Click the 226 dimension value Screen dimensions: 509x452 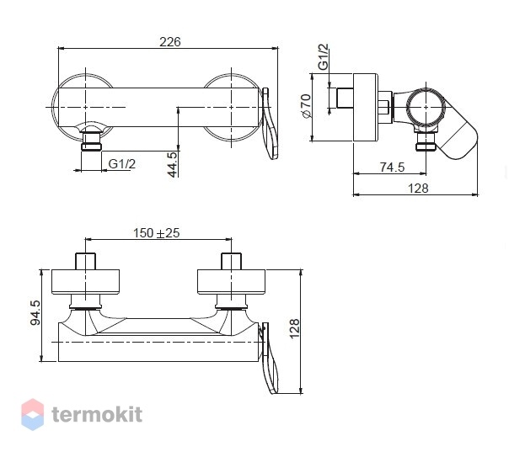click(169, 42)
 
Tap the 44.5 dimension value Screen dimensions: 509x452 click(173, 165)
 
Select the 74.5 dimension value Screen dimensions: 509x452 click(392, 168)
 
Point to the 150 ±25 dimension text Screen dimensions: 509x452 click(156, 233)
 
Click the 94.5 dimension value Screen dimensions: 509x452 click(35, 312)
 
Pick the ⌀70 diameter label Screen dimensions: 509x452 click(306, 106)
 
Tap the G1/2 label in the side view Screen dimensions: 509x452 click(324, 57)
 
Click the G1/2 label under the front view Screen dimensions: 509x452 click(121, 164)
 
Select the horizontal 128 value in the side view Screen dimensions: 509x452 click(418, 189)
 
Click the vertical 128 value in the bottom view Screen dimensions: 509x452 click(294, 329)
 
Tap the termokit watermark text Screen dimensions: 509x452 click(97, 414)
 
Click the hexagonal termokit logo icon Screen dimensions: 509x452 click(33, 414)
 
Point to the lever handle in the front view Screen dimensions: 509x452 click(270, 124)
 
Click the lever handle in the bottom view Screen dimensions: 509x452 click(271, 358)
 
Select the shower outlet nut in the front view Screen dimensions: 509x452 click(91, 142)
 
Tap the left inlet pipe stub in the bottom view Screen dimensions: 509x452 click(85, 261)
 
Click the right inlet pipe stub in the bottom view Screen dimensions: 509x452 click(231, 261)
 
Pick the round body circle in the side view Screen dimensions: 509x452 click(426, 108)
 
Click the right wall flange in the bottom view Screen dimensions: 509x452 click(231, 282)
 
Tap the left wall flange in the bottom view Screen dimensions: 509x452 click(85, 282)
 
